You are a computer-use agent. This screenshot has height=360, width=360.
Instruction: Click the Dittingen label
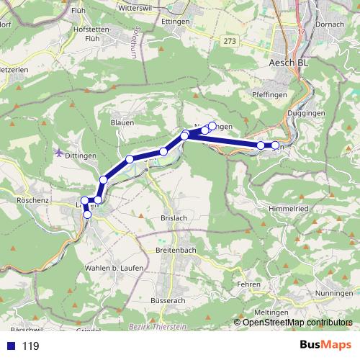coord(81,155)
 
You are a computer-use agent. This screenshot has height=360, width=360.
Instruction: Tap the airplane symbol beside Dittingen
coord(58,152)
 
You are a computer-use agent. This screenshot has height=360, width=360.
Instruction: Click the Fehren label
coord(248,284)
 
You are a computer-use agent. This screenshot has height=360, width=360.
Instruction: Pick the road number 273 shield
coord(230,42)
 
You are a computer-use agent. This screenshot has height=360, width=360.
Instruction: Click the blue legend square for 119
coord(10,346)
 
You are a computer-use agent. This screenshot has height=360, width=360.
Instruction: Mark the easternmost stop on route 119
coord(275,146)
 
